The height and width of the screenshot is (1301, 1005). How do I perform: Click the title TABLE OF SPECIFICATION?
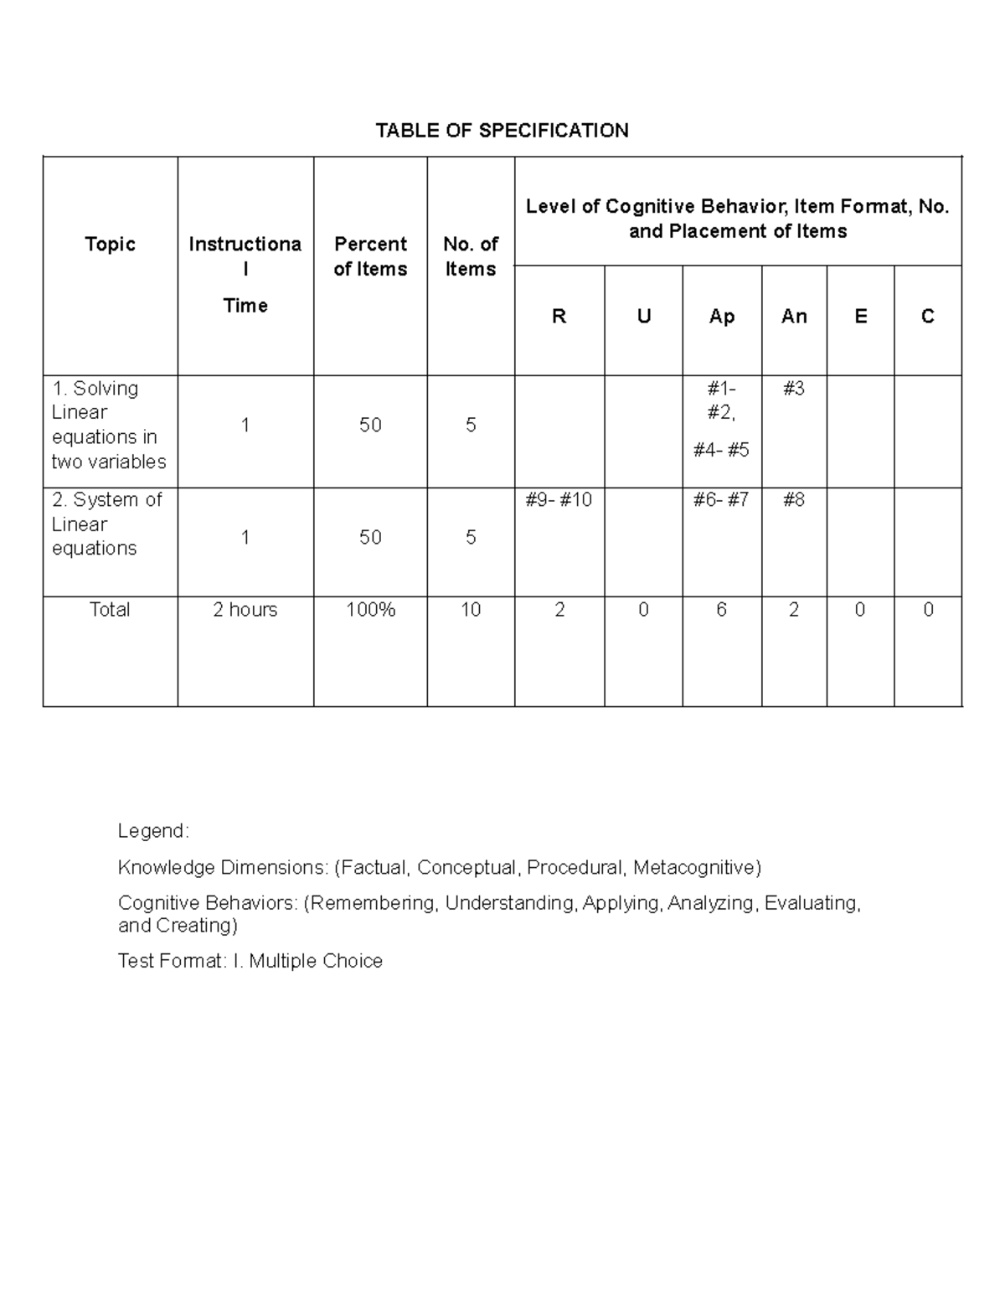point(502,130)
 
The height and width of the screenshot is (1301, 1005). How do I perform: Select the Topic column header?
point(110,244)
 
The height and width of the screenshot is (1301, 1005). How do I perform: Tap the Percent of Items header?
point(370,256)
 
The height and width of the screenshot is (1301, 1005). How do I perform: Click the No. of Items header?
point(471,256)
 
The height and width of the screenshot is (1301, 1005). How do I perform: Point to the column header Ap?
point(722,316)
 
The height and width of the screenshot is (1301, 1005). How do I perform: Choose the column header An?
point(794,316)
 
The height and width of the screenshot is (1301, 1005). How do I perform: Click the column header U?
point(643,316)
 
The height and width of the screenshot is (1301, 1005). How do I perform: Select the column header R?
point(559,316)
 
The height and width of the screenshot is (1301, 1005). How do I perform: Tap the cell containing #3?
point(794,388)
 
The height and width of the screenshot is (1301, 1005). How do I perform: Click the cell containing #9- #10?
point(559,499)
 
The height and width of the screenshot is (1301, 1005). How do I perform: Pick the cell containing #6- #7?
point(721,499)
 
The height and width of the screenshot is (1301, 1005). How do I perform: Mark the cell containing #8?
point(794,499)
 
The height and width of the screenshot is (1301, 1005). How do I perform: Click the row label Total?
point(110,609)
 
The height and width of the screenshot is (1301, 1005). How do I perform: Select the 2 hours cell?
point(245,609)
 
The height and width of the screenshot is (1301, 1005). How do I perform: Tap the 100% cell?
point(370,609)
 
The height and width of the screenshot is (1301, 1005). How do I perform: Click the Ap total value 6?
point(721,609)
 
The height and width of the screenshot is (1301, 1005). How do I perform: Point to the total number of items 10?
point(471,609)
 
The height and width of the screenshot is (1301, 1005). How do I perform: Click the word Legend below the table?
point(153,831)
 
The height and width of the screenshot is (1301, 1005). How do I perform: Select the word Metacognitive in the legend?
point(696,867)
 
